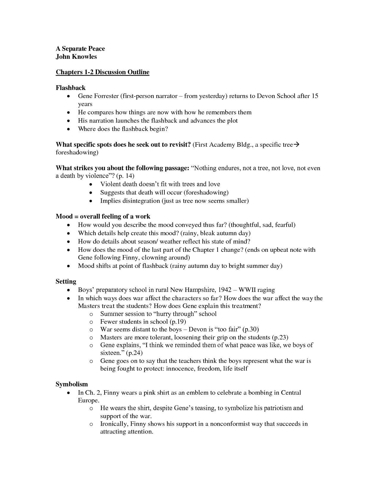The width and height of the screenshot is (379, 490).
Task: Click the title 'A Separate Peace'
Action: [80, 49]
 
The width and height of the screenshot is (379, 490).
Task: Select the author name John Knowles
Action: [76, 56]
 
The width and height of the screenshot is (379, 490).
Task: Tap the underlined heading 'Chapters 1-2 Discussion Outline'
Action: [103, 72]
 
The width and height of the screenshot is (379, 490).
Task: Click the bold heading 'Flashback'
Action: [70, 88]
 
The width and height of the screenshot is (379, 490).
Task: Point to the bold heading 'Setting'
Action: [66, 282]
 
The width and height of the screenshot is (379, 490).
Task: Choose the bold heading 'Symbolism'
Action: [72, 384]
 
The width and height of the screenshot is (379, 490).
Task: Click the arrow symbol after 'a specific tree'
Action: [297, 145]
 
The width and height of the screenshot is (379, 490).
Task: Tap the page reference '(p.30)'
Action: [251, 329]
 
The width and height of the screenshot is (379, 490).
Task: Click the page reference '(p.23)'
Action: [280, 337]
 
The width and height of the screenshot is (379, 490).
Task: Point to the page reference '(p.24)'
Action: [134, 353]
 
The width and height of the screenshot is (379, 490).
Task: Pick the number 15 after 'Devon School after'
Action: [315, 96]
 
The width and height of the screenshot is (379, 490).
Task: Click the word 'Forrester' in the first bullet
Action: [106, 96]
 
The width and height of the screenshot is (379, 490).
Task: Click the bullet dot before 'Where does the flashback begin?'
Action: [69, 129]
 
